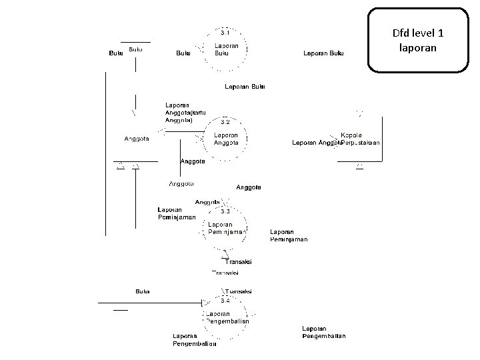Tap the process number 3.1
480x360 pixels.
(x=226, y=32)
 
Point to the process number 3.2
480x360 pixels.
(x=225, y=123)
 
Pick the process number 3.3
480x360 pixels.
(x=225, y=211)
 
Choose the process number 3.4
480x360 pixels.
(x=225, y=301)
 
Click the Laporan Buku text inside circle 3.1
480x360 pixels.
(x=226, y=50)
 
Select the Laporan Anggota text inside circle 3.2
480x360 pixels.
(x=226, y=139)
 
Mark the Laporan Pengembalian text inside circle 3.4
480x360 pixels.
(x=227, y=317)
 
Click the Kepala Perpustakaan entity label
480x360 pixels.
(x=361, y=139)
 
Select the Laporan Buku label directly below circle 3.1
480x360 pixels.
(x=245, y=86)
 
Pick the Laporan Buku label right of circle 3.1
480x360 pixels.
(x=323, y=53)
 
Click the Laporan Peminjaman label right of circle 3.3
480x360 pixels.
(x=289, y=235)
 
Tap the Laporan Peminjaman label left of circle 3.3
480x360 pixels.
(x=177, y=213)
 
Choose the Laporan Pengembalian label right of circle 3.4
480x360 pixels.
(x=323, y=332)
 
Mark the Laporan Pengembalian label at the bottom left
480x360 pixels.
(x=194, y=340)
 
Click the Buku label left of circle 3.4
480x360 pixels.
(x=142, y=291)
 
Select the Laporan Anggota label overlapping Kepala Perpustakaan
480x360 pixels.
(x=316, y=143)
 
